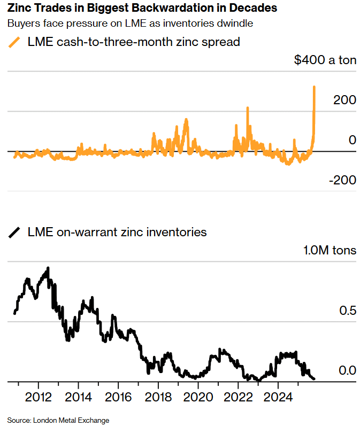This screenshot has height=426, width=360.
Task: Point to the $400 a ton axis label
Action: [325, 60]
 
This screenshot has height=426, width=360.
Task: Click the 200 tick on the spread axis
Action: [345, 100]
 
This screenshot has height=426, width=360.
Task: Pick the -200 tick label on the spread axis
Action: [342, 180]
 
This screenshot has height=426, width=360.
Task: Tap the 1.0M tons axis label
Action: [330, 250]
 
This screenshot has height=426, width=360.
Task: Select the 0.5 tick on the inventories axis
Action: [347, 311]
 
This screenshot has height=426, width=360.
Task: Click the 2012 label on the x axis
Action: [38, 397]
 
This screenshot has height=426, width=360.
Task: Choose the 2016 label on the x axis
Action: [118, 397]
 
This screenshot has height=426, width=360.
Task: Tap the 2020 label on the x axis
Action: [198, 397]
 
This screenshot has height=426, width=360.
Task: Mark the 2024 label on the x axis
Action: [278, 397]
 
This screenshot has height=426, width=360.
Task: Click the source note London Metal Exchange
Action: [58, 420]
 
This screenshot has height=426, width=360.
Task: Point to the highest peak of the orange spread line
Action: [314, 87]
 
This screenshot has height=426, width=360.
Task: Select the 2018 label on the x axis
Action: [158, 397]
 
